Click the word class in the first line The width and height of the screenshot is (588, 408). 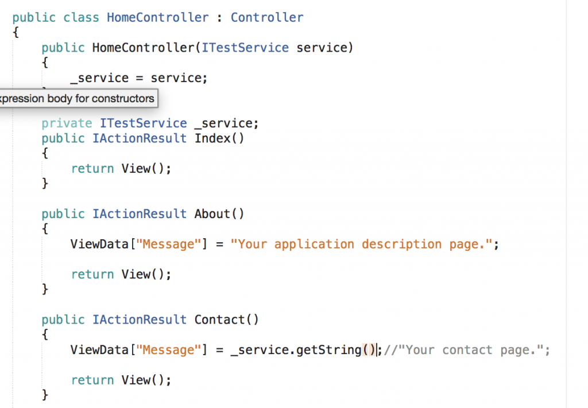[81, 17]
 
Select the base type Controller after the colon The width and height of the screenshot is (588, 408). [267, 17]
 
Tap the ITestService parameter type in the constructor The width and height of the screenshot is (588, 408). [245, 48]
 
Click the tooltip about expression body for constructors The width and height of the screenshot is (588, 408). [77, 98]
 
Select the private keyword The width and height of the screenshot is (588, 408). [67, 123]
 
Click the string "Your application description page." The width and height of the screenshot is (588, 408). [362, 244]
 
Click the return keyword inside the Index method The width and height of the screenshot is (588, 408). [92, 169]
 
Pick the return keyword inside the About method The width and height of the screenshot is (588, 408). [92, 274]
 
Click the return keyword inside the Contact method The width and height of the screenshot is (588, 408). [92, 380]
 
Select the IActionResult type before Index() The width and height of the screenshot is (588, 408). [140, 138]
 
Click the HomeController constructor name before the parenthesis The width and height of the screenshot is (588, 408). [143, 48]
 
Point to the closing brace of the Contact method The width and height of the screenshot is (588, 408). [45, 394]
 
